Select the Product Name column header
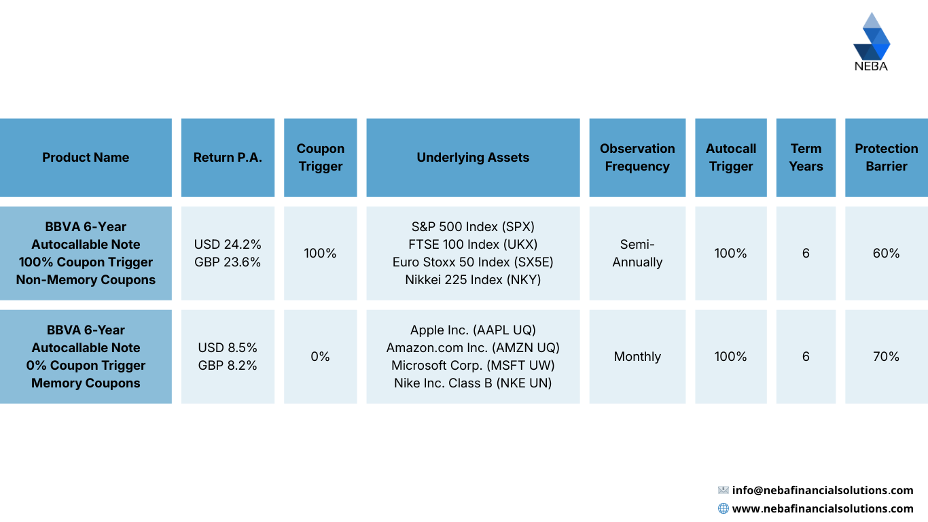pyautogui.click(x=86, y=158)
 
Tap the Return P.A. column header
pyautogui.click(x=228, y=158)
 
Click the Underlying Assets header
pyautogui.click(x=473, y=158)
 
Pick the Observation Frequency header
pyautogui.click(x=637, y=158)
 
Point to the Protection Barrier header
pyautogui.click(x=886, y=158)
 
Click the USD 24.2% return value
pyautogui.click(x=228, y=245)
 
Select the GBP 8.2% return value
pyautogui.click(x=228, y=366)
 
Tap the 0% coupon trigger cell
pyautogui.click(x=320, y=357)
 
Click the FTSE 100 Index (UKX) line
pyautogui.click(x=473, y=245)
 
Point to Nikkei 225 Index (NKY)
pyautogui.click(x=473, y=280)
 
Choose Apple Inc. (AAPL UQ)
pyautogui.click(x=473, y=330)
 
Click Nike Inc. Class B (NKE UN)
pyautogui.click(x=473, y=383)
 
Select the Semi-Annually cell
pyautogui.click(x=637, y=254)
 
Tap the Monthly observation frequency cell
pyautogui.click(x=637, y=357)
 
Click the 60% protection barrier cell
pyautogui.click(x=886, y=254)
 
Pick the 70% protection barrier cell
pyautogui.click(x=886, y=357)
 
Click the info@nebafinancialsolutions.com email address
pyautogui.click(x=823, y=491)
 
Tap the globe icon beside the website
pyautogui.click(x=724, y=508)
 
